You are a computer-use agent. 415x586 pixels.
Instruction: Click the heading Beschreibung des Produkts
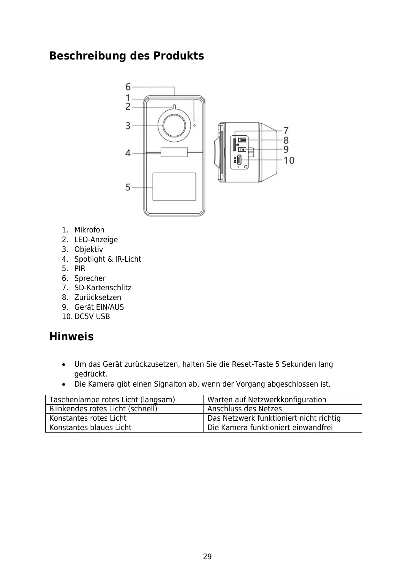tap(126, 56)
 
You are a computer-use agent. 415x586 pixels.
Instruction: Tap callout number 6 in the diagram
tap(128, 87)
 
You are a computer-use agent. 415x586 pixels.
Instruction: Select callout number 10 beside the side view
tap(289, 160)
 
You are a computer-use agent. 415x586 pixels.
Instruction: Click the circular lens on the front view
tap(174, 125)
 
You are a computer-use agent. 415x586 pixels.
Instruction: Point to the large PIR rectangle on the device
tap(174, 187)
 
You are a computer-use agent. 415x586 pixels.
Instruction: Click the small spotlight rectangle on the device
tap(174, 152)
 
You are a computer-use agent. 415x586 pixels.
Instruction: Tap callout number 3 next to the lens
tap(128, 125)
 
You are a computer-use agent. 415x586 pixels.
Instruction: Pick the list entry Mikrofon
tap(89, 230)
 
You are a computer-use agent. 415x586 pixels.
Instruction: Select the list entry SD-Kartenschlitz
tap(103, 288)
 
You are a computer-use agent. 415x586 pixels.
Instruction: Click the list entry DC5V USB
tap(92, 317)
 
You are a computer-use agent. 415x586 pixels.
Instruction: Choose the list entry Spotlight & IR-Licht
tap(108, 259)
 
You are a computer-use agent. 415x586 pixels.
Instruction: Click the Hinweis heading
tap(71, 337)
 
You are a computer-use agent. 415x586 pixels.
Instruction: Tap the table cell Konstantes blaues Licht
tap(91, 428)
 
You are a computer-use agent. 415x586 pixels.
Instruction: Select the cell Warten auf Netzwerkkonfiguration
tap(267, 400)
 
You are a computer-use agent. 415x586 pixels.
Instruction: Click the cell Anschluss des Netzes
tap(245, 409)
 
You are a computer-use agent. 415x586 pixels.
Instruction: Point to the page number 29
tap(207, 557)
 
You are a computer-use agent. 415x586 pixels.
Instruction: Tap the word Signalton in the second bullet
tap(170, 384)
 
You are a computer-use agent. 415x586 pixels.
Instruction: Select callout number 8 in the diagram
tap(286, 140)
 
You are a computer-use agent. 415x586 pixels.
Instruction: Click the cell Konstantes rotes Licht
tap(88, 418)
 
